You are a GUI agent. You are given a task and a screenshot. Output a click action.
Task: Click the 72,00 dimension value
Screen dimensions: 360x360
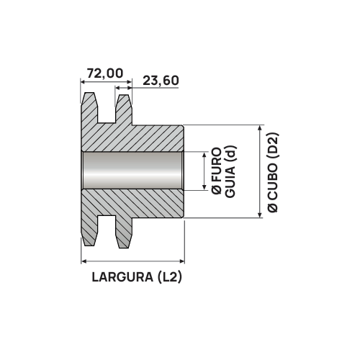coord(104,73)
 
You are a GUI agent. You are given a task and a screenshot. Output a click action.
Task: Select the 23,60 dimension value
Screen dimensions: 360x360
coord(161,80)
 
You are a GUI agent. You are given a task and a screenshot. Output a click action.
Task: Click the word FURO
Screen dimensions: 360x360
coord(215,166)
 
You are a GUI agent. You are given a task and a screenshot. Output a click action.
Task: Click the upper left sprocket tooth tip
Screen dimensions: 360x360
coord(89,96)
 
